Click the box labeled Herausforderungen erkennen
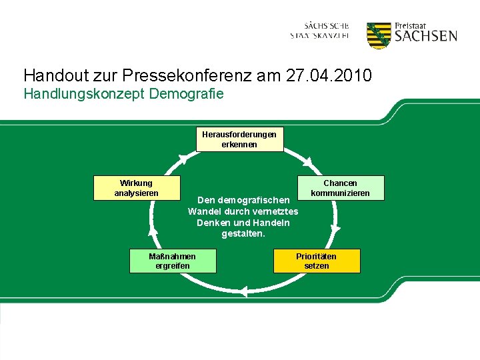tap(239, 139)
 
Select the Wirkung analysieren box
tap(137, 188)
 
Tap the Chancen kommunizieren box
tap(340, 188)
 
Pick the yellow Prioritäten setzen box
tap(317, 261)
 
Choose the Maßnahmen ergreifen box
tap(173, 261)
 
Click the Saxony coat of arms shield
tap(379, 35)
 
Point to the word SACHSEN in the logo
tap(425, 36)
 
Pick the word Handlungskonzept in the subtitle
tap(85, 94)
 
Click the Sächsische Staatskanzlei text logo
tap(319, 30)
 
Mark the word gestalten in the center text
tap(243, 234)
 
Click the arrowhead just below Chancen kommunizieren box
tap(335, 227)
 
